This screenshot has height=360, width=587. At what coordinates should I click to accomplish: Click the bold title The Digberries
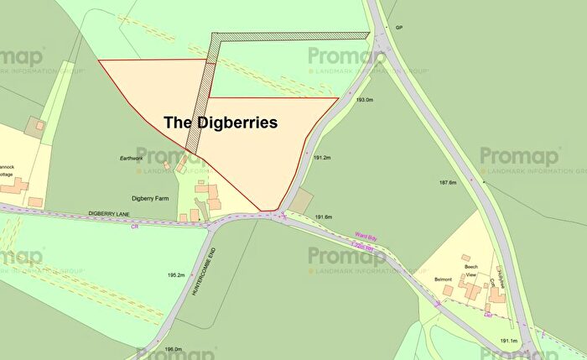220,122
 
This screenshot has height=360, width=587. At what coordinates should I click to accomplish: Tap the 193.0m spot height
364,100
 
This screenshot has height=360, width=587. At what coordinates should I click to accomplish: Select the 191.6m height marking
324,217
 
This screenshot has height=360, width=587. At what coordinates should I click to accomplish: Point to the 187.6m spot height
446,182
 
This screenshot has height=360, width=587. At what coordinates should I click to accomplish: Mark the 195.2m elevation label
175,275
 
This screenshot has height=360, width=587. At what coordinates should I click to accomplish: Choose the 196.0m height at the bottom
173,350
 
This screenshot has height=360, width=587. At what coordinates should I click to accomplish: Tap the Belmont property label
443,279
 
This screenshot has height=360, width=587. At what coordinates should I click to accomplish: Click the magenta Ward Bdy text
363,236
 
